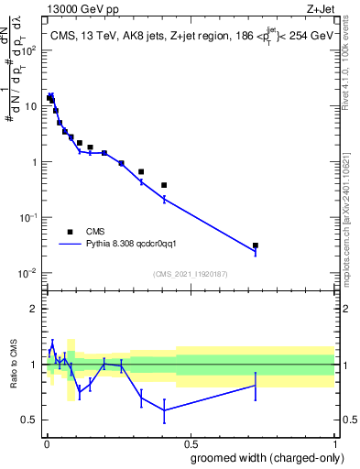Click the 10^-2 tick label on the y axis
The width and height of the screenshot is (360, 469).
(28, 273)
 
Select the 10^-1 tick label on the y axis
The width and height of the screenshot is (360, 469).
(28, 218)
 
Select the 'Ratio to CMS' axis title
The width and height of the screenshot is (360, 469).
(12, 376)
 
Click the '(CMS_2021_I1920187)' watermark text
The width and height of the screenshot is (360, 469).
(189, 274)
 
